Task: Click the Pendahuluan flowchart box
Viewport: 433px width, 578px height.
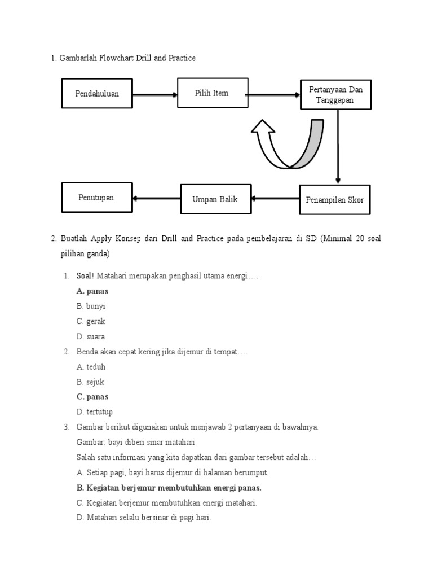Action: (97, 94)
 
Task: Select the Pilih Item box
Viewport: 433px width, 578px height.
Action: (212, 93)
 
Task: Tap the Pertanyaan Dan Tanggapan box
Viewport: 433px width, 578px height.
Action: (335, 95)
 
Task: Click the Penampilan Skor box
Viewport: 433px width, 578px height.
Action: (335, 200)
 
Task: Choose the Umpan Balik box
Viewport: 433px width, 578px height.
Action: (215, 199)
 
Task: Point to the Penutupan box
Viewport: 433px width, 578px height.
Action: (96, 198)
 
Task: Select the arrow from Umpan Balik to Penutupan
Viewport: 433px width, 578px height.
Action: (157, 198)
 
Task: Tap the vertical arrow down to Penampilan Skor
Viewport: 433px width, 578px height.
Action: (338, 147)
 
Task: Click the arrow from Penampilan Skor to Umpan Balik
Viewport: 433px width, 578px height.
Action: (275, 199)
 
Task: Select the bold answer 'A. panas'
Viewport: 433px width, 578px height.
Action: (92, 291)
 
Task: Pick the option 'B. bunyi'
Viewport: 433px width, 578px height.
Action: (91, 306)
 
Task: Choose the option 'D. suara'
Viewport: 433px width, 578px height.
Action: (91, 336)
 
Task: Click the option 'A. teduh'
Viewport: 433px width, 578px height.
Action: (91, 367)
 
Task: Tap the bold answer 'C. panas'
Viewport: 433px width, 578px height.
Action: (92, 397)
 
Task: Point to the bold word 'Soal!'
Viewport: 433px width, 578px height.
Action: (86, 276)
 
